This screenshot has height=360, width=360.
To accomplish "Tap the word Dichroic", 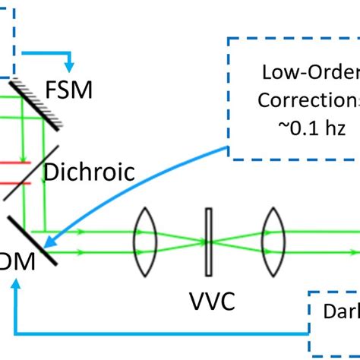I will click(x=90, y=172).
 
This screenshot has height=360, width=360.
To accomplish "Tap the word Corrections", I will click(x=308, y=99).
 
